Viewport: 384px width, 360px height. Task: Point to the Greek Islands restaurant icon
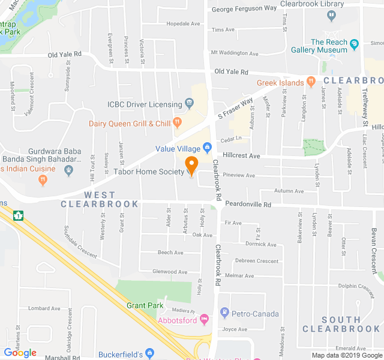[311, 82]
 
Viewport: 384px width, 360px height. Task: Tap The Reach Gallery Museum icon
[354, 43]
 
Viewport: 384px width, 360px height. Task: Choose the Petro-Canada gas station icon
[224, 313]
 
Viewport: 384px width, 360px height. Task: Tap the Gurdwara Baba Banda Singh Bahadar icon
[69, 170]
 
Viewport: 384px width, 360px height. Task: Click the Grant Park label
[145, 305]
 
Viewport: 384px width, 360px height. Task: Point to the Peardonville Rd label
[248, 205]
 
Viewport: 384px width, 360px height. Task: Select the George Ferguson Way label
[244, 8]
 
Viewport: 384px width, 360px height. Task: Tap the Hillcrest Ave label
[241, 155]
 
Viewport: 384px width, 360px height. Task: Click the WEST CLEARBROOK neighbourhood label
[100, 200]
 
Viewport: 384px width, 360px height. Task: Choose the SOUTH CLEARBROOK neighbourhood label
[341, 324]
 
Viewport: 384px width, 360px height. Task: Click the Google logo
[20, 353]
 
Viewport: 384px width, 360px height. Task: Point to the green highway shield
[20, 214]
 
